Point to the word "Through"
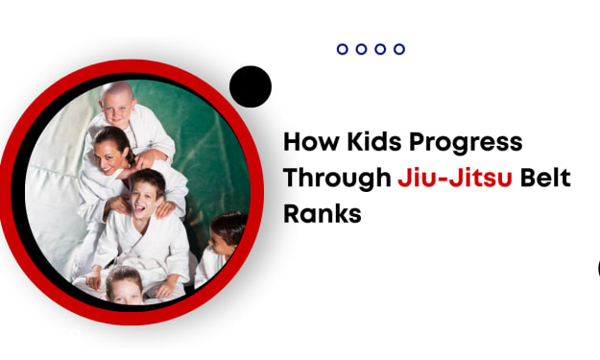click(337, 180)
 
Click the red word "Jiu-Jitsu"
click(455, 178)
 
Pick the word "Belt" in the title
click(545, 178)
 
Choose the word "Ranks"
click(323, 213)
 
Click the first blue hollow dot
click(343, 49)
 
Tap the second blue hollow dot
click(361, 49)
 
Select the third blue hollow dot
click(380, 49)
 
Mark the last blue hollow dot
click(399, 49)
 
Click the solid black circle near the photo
click(251, 86)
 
